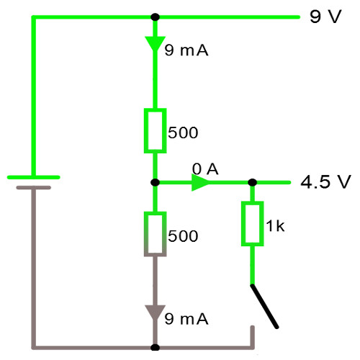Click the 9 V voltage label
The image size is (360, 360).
coord(325,17)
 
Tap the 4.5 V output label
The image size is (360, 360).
coord(325,181)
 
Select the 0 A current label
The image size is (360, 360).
coord(205,169)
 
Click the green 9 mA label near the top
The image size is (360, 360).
coord(186,50)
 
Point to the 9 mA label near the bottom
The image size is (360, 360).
coord(186,319)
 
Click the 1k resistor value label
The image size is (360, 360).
coord(276,226)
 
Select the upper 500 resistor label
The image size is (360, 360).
coord(183,132)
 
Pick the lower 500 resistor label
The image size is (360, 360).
coord(183,236)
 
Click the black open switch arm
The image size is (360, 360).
coord(264,306)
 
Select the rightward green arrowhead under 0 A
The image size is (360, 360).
coord(200,183)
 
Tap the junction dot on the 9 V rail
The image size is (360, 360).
coord(156,17)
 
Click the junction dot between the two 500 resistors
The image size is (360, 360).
coord(156,183)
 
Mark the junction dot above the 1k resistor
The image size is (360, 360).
coord(252,183)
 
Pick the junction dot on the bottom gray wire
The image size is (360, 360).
coord(156,347)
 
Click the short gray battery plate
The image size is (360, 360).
coord(34,187)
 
